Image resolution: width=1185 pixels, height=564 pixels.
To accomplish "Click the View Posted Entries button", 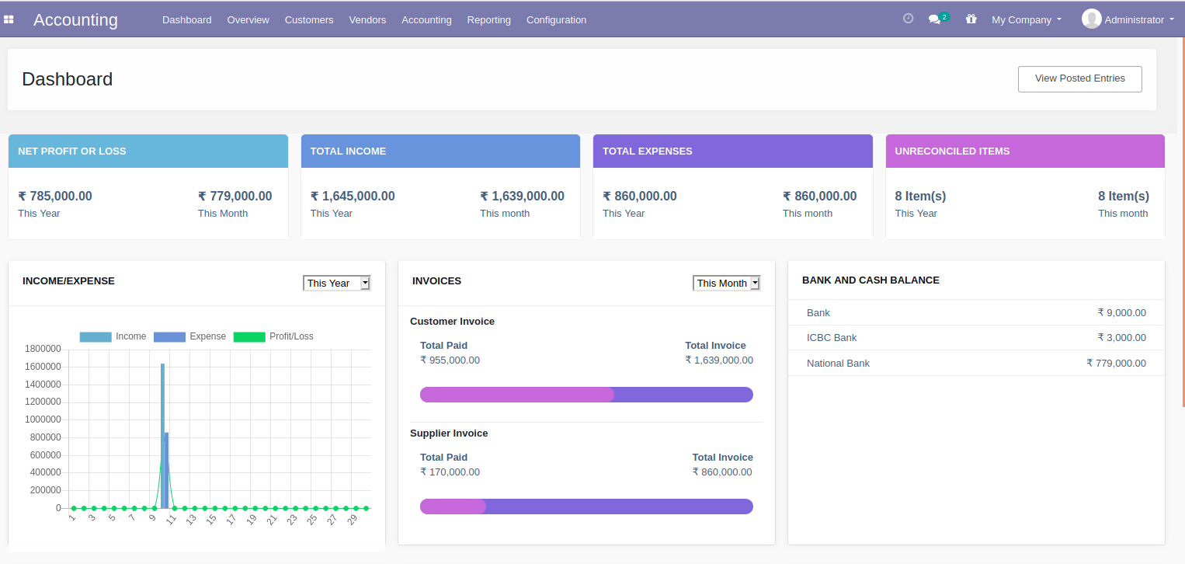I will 1079,78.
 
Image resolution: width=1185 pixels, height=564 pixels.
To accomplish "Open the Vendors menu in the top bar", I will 367,19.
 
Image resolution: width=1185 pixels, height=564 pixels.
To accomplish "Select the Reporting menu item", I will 488,19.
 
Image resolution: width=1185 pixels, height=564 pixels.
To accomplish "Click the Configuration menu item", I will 556,19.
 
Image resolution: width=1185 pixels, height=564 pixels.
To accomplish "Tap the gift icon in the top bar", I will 971,19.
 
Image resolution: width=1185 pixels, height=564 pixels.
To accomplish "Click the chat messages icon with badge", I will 936,19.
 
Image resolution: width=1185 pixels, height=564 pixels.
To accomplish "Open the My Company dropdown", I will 1026,19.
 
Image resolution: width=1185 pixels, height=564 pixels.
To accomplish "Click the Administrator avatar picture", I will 1091,19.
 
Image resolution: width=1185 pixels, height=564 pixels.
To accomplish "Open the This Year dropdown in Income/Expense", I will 337,283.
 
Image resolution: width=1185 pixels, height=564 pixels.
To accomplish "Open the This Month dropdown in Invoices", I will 726,283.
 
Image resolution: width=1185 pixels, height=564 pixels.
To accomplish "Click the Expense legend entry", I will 190,336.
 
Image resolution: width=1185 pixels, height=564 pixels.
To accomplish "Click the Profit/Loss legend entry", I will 273,336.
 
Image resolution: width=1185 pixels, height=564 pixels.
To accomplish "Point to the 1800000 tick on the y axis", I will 43,348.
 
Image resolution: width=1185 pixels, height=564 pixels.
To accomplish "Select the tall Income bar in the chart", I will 162,435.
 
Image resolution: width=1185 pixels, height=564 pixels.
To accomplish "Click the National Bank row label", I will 838,363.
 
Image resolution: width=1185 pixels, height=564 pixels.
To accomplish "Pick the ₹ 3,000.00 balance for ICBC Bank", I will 1121,337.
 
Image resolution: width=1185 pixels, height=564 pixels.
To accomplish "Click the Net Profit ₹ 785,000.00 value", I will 55,197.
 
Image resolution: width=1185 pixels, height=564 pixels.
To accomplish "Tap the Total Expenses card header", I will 732,151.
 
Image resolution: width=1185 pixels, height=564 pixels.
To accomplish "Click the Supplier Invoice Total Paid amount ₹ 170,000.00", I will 450,472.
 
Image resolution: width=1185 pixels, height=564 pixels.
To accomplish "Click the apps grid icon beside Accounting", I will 9,19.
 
